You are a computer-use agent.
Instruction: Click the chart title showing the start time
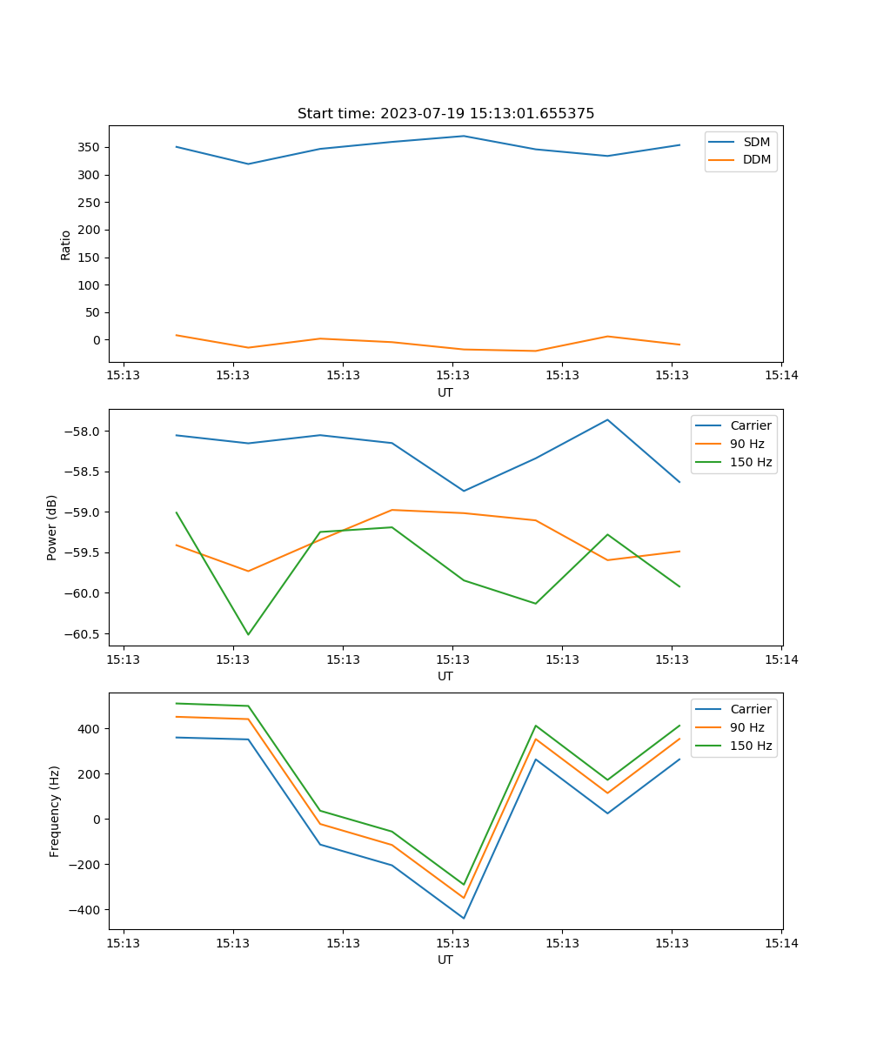(x=445, y=114)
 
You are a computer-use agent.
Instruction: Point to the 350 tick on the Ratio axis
(x=90, y=147)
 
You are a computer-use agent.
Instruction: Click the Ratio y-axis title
(x=66, y=244)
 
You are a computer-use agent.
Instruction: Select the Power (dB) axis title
(x=52, y=527)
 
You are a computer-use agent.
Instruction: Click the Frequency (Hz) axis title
(x=54, y=811)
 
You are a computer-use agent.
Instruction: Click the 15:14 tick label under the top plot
(x=780, y=376)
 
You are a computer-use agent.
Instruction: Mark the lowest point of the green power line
(x=248, y=634)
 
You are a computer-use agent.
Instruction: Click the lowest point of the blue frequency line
(x=464, y=918)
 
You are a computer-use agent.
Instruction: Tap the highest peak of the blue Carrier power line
(x=607, y=419)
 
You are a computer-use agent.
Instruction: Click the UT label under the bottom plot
(x=445, y=960)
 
